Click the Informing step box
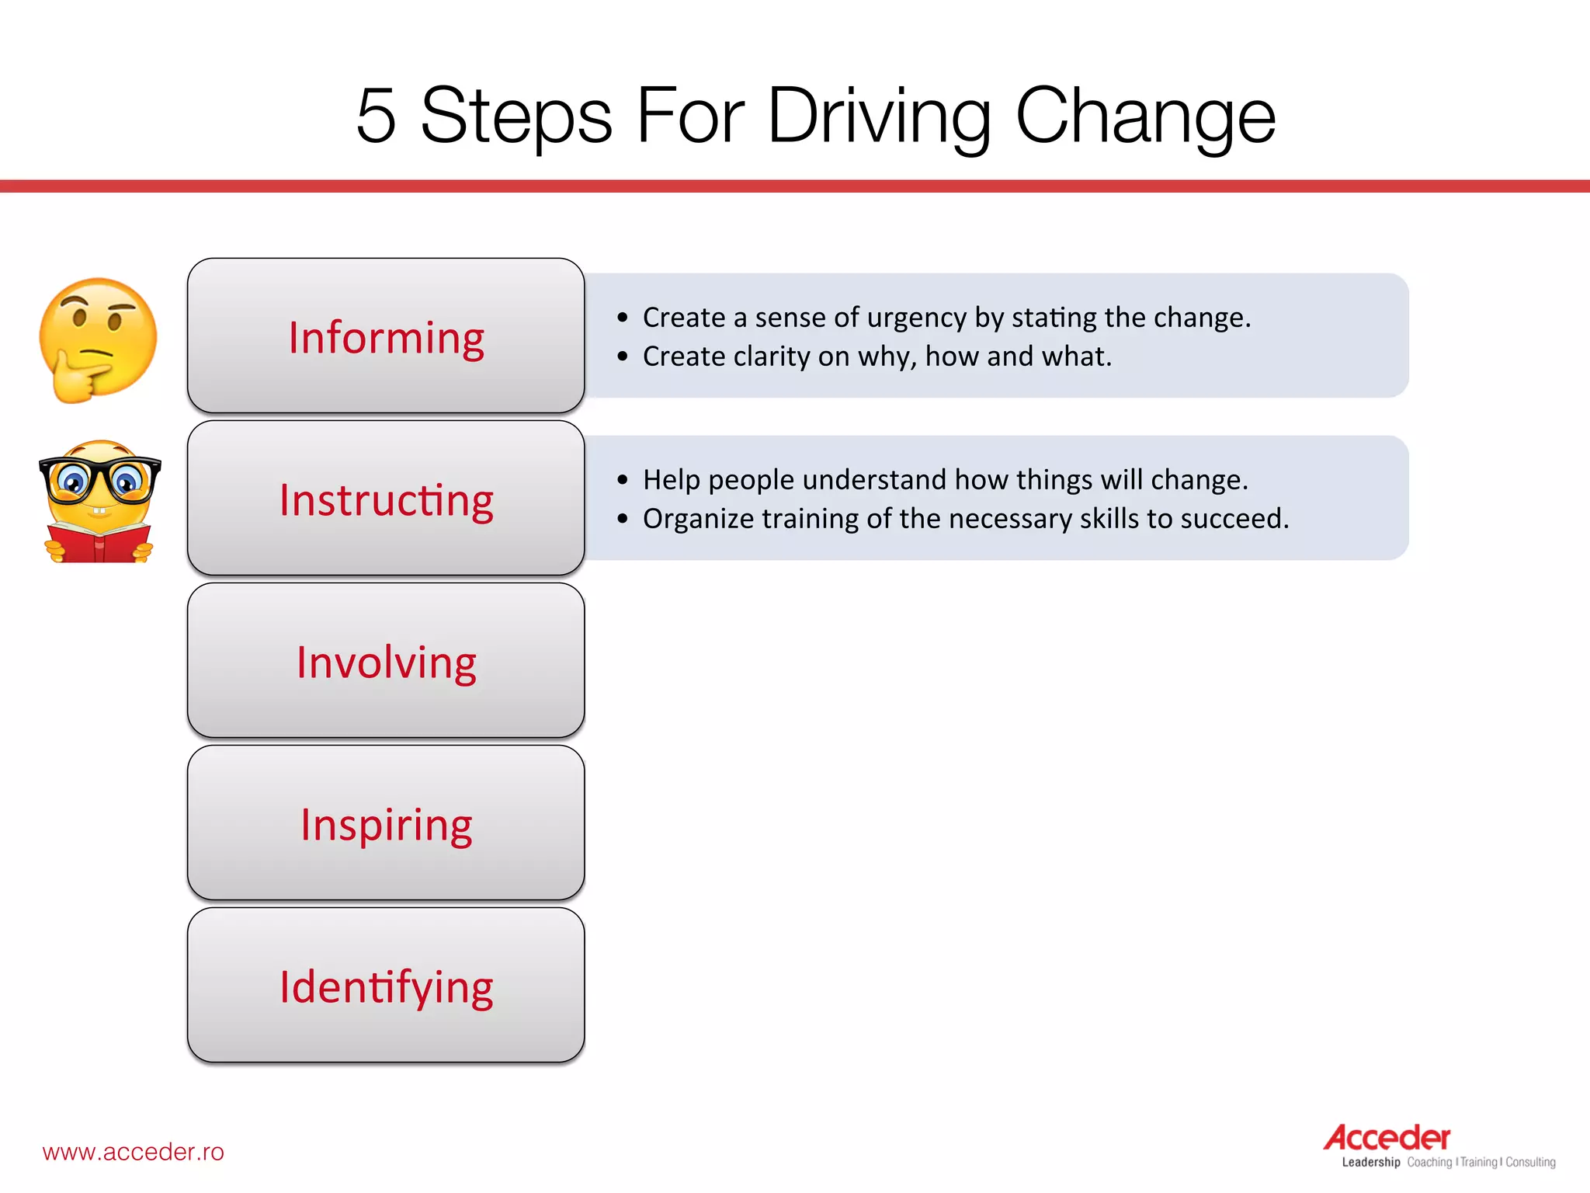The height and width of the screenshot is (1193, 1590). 386,336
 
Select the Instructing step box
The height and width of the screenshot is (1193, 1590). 386,499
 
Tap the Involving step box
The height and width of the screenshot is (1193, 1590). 386,661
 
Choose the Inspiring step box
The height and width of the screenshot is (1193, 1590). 386,823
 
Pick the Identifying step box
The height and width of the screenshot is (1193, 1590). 386,986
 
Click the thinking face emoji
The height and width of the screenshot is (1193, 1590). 98,339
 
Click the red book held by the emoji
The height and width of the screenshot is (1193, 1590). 99,544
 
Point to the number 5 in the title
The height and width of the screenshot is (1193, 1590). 377,117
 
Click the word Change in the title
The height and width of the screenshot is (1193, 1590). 1145,117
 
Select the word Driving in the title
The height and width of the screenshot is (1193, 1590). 879,117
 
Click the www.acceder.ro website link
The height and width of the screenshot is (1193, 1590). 133,1152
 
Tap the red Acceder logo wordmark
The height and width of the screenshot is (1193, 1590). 1387,1138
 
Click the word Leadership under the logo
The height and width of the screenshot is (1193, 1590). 1371,1163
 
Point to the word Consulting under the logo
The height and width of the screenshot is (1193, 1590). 1530,1163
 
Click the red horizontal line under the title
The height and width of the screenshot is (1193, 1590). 795,186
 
